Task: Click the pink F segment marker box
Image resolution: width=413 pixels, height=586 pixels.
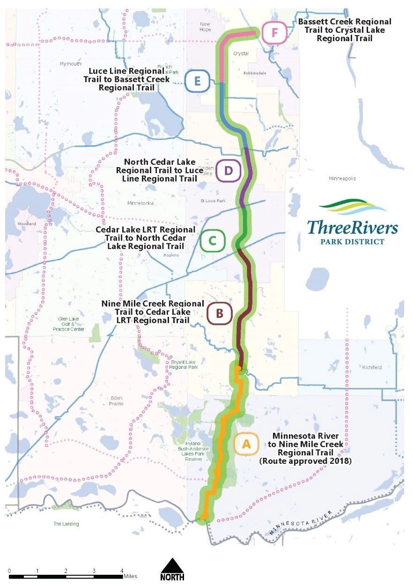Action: [x=274, y=33]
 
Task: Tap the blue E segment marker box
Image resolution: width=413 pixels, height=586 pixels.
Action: [x=197, y=81]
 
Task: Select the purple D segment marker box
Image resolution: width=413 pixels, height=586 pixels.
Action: [x=228, y=171]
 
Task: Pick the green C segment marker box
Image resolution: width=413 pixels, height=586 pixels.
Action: [x=212, y=241]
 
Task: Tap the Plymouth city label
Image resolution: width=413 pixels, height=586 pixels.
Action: [x=71, y=64]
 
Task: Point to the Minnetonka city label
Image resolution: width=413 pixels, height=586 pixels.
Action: [x=140, y=203]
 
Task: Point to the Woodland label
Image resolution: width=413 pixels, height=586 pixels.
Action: [x=27, y=224]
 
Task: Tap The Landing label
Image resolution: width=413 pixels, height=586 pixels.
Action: [x=66, y=524]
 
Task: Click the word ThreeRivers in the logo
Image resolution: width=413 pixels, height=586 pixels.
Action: [x=352, y=228]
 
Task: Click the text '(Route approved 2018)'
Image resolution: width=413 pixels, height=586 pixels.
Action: [x=305, y=461]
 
